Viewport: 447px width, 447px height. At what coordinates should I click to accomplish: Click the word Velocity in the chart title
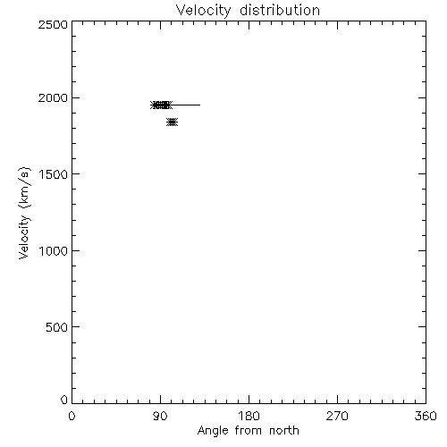coord(203,11)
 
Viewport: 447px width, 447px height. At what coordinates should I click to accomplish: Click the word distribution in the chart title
coord(280,10)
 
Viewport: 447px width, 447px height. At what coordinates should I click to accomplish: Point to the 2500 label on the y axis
coord(53,24)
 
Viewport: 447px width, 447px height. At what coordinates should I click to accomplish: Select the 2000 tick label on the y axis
coord(53,97)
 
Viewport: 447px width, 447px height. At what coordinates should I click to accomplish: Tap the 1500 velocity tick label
coord(54,174)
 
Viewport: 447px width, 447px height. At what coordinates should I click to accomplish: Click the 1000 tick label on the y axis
coord(54,251)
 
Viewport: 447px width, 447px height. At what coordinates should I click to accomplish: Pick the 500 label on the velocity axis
coord(57,327)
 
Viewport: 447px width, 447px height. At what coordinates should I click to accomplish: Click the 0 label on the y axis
coord(64,400)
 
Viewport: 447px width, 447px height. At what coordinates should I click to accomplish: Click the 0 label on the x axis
coord(72,416)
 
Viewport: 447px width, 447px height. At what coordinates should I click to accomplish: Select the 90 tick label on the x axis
coord(160,416)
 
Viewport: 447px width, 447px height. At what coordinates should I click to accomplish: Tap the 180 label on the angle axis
coord(249,416)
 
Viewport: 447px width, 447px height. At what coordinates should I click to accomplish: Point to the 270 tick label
coord(337,416)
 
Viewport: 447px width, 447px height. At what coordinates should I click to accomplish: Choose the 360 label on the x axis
coord(426,416)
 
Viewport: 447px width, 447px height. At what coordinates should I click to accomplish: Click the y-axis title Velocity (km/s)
coord(24,213)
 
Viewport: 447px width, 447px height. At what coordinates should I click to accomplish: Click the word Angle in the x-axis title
coord(213,431)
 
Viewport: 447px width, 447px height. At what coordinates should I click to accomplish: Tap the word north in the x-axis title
coord(284,431)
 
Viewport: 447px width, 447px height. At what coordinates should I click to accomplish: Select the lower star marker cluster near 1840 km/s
coord(172,122)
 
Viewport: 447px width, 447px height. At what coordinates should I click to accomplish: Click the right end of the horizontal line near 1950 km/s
coord(200,105)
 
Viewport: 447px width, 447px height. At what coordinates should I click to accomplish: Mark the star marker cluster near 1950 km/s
coord(161,105)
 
